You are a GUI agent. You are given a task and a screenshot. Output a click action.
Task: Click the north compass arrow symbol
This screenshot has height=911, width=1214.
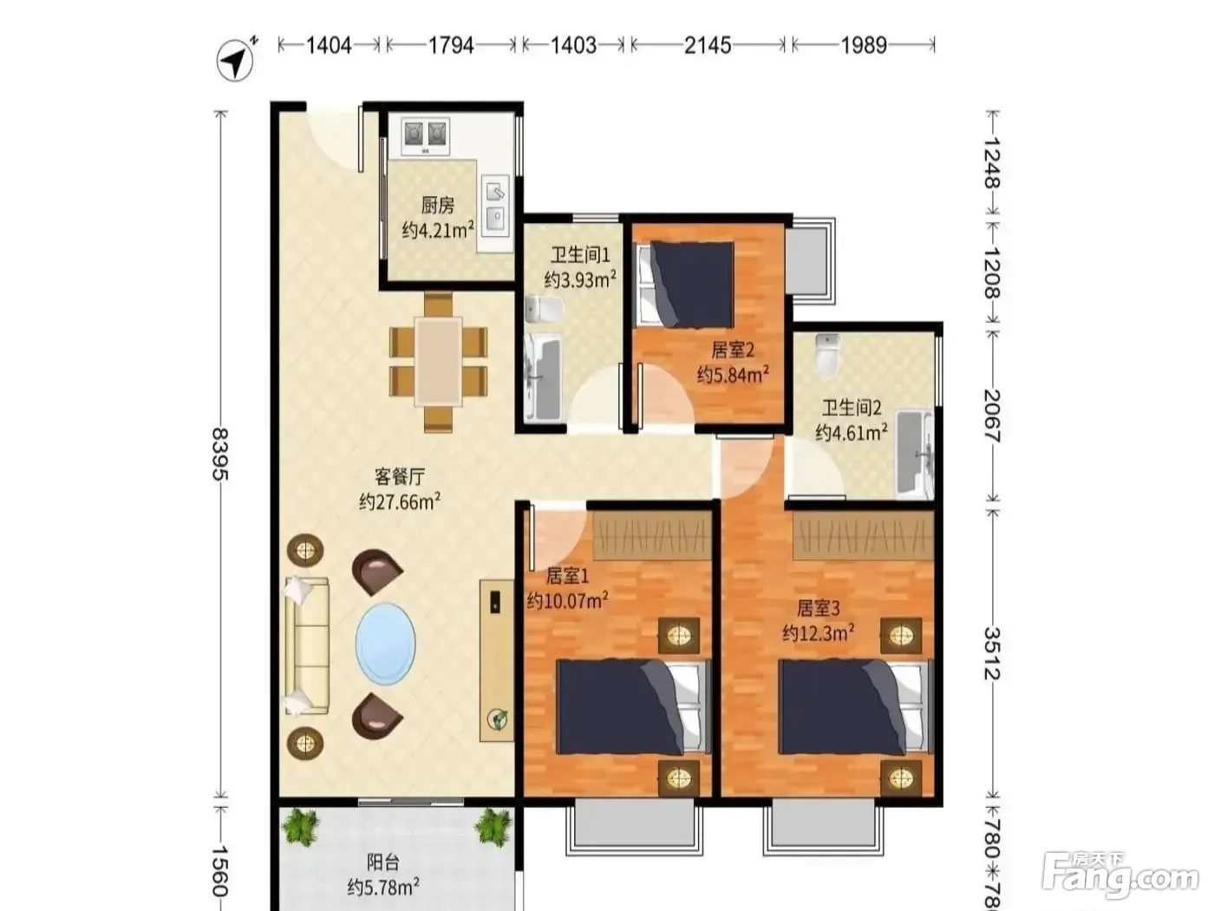[236, 60]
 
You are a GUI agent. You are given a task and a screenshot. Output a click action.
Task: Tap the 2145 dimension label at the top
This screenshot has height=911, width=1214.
[708, 45]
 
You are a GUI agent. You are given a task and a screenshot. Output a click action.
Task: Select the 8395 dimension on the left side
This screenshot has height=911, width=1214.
[220, 454]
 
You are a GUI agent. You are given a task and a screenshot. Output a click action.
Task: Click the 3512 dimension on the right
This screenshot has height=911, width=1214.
[992, 653]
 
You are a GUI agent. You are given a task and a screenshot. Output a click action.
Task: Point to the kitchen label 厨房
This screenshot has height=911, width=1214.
[438, 206]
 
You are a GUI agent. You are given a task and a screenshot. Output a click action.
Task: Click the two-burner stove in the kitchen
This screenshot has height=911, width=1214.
[424, 136]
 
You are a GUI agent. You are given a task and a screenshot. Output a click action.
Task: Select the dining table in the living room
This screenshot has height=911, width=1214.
[439, 361]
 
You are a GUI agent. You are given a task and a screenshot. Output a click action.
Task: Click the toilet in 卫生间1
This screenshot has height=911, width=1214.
[543, 310]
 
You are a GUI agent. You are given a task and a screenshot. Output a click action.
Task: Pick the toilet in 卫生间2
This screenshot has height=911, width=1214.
[827, 355]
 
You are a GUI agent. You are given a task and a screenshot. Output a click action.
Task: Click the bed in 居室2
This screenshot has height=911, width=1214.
[687, 285]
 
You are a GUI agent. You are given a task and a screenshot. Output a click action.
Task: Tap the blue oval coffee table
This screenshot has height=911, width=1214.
[386, 643]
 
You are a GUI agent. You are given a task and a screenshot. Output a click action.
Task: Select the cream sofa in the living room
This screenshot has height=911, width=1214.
[307, 646]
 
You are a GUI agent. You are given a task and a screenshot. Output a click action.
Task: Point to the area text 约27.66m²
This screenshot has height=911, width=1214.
[400, 501]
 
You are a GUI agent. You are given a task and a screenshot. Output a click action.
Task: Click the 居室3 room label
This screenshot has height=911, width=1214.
[818, 608]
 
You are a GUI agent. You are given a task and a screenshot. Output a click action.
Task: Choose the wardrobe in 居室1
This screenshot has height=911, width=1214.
[652, 535]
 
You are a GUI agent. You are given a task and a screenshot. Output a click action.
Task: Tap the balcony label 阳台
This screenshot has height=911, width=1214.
[382, 862]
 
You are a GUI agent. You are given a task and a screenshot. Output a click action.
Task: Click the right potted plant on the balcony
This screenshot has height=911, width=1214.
[491, 826]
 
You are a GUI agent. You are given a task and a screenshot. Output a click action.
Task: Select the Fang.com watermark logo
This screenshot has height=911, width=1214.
[1120, 880]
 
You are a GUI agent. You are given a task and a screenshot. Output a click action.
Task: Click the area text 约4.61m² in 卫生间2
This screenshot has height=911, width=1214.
[852, 431]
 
